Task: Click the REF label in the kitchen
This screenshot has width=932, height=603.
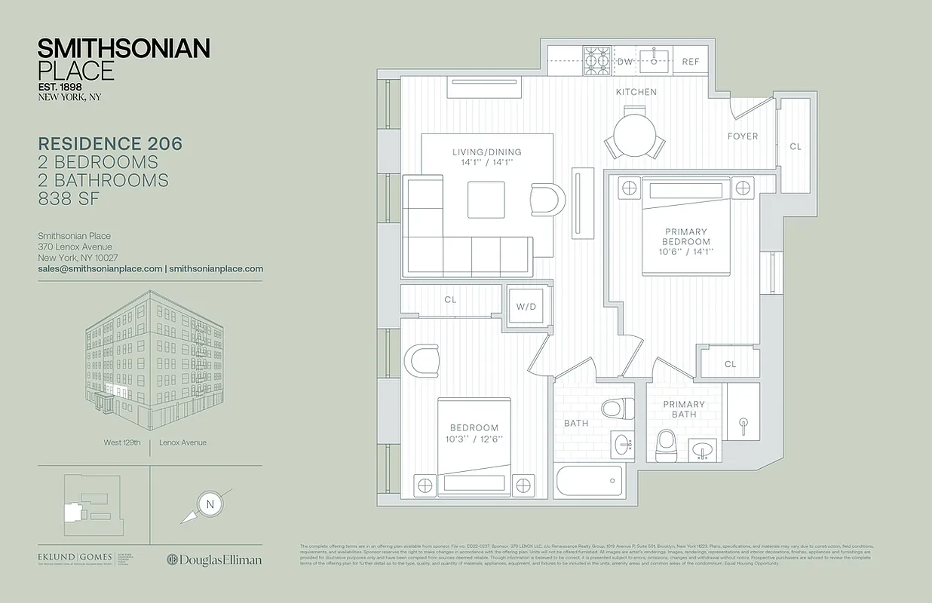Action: point(691,62)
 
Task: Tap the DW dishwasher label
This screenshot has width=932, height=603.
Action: point(625,62)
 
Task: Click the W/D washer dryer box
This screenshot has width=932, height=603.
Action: point(526,307)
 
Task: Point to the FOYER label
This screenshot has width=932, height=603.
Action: point(742,136)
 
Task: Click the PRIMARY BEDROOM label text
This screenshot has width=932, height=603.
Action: point(685,237)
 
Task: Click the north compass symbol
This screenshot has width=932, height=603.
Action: point(209,503)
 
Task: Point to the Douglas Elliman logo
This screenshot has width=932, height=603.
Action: point(214,559)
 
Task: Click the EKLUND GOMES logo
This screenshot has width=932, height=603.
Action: point(75,559)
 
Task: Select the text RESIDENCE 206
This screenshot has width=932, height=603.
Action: point(110,144)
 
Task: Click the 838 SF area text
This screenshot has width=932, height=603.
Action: point(69,198)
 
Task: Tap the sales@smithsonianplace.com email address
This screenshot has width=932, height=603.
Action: point(100,268)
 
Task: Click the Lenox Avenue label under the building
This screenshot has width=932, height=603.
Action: point(182,442)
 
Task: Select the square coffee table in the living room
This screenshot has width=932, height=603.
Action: point(486,200)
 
